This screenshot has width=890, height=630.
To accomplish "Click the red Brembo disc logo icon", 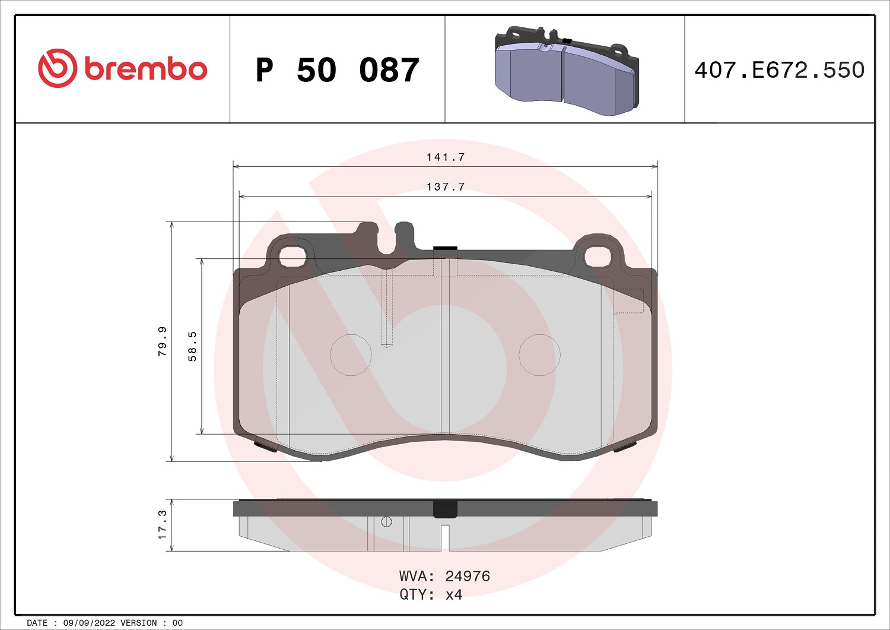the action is pos(57,68).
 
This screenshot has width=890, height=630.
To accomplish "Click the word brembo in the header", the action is pos(146,69).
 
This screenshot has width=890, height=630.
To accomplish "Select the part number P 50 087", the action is pos(338,70).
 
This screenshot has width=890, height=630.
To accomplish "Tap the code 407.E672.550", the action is pos(780,70).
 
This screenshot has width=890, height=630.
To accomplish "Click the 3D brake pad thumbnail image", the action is pos(567,71).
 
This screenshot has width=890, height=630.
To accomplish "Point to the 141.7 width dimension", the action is pos(446,157).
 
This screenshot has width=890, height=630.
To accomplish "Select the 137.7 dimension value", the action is pos(446,186).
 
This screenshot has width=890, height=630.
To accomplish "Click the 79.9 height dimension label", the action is pos(162,341).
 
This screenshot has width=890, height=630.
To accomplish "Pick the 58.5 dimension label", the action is pos(192,346).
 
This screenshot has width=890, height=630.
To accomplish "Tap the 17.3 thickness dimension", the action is pos(162,525).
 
